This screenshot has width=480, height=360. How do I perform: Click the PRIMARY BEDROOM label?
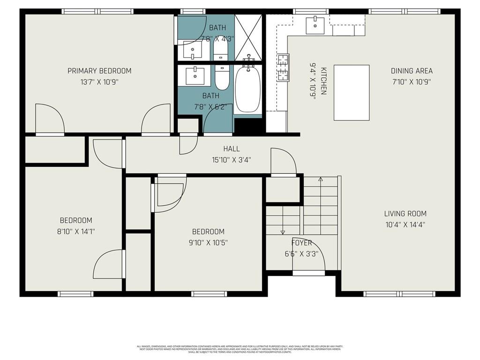click(99, 71)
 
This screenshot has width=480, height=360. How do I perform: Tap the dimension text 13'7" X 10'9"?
click(99, 82)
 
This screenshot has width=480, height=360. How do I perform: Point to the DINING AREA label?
click(412, 71)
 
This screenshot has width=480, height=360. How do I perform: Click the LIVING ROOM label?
click(406, 214)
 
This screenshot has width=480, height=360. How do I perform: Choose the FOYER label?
click(302, 243)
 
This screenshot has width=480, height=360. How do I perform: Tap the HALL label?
click(232, 149)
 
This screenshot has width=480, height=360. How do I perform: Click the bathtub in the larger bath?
click(247, 89)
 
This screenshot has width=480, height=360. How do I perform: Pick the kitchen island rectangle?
click(351, 92)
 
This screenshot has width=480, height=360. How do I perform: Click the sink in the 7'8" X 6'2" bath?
click(195, 75)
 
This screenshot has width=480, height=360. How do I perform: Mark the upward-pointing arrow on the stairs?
click(321, 179)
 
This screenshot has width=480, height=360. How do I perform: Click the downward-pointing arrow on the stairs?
click(283, 232)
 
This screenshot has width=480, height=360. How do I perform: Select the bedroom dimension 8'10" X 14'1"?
click(76, 231)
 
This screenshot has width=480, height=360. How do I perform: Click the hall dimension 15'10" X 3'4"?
click(232, 160)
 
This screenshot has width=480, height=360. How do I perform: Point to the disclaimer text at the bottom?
click(240, 349)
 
